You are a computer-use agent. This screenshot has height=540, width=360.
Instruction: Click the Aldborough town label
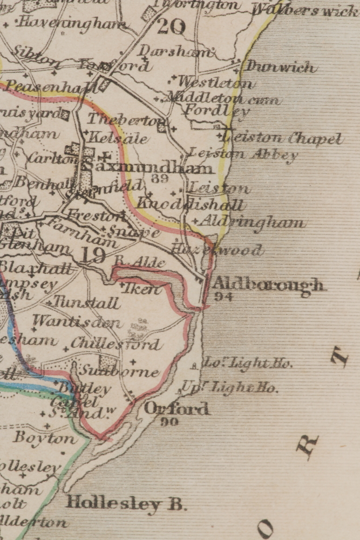click(269, 284)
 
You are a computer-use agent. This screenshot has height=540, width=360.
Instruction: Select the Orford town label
click(176, 408)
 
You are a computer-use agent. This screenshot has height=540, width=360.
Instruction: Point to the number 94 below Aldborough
click(221, 296)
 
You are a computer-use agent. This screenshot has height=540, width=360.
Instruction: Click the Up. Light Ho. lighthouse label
click(229, 387)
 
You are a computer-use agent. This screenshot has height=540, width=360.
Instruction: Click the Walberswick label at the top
click(305, 10)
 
